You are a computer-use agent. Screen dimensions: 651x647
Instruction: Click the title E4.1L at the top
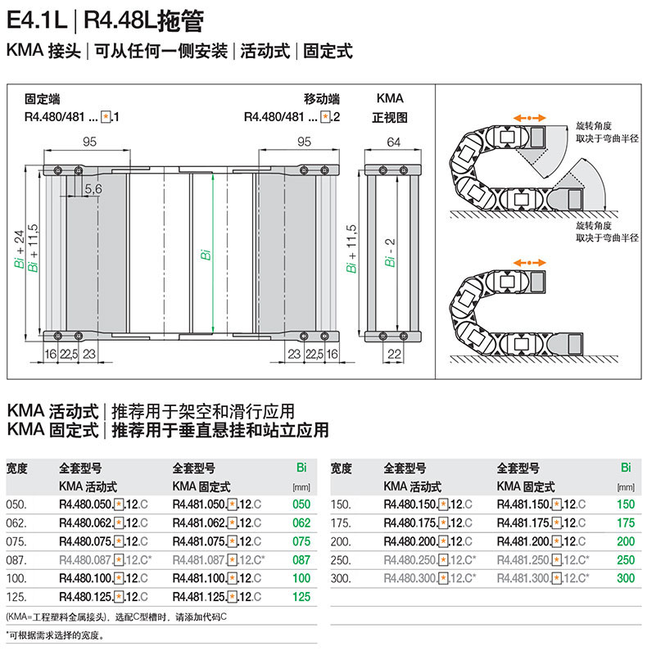point(38,18)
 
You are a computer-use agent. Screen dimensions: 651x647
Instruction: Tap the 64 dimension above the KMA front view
point(393,142)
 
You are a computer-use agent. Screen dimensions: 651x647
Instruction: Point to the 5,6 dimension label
point(93,189)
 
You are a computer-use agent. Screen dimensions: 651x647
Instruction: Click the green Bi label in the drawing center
point(206,255)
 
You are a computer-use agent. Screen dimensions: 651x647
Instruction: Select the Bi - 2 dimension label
point(391,254)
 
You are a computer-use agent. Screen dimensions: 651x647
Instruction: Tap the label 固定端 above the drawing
point(42,98)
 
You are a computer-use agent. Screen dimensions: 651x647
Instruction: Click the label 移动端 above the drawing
point(321,98)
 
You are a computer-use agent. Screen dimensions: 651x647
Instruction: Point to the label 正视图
point(390,117)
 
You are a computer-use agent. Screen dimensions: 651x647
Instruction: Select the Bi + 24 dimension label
point(20,250)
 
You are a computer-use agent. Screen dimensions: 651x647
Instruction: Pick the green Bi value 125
point(301,597)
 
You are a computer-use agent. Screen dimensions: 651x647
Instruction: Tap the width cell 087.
point(16,560)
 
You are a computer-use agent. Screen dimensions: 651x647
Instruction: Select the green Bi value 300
point(626,579)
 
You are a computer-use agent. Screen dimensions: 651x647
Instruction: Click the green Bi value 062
point(301,522)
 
